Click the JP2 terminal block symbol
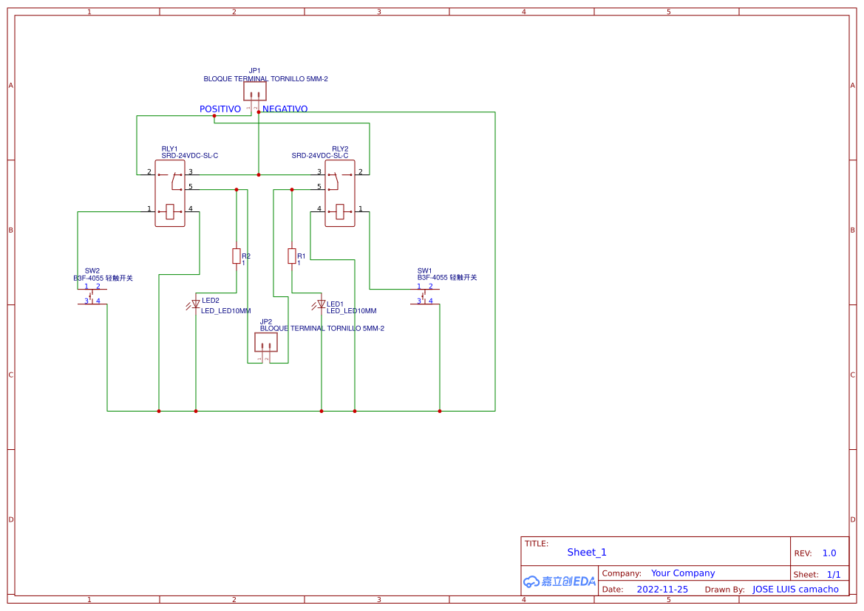(x=266, y=342)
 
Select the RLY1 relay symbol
(x=170, y=194)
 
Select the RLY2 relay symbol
(x=340, y=194)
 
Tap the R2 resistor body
(x=237, y=256)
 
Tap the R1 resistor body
(x=292, y=256)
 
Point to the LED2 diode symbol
(x=196, y=304)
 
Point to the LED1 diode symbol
(x=321, y=304)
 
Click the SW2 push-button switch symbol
(x=92, y=296)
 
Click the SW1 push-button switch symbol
(x=424, y=296)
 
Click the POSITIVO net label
(x=220, y=109)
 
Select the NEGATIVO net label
(x=285, y=109)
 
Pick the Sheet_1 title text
(x=587, y=553)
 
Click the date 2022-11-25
(x=662, y=590)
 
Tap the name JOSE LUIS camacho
(x=795, y=590)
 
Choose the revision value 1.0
(x=829, y=553)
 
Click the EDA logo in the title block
(x=559, y=581)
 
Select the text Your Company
(x=683, y=573)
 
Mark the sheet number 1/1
(x=834, y=574)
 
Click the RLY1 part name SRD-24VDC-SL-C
(x=190, y=156)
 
